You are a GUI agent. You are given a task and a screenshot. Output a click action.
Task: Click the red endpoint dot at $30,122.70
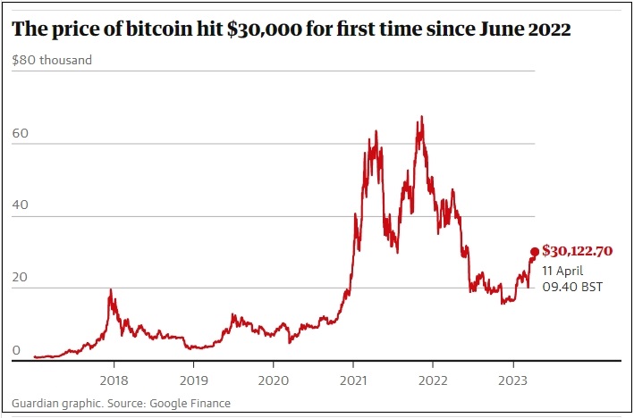point(535,252)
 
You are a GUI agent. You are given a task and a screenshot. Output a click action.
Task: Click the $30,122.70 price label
point(577,251)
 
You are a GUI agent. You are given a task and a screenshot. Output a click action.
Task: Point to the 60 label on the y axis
point(21,133)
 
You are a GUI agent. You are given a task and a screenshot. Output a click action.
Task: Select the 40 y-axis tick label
point(21,205)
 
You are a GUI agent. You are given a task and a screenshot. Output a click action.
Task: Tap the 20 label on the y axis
point(21,277)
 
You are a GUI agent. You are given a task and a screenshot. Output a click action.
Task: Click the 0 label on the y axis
point(16,350)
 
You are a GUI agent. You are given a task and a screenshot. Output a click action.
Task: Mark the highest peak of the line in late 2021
point(421,116)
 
